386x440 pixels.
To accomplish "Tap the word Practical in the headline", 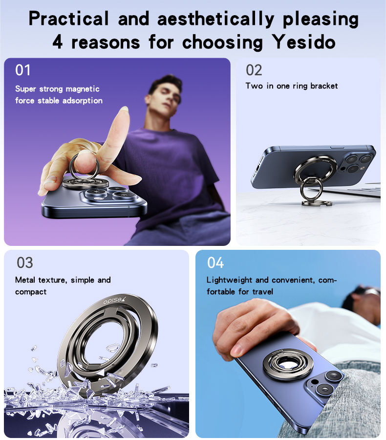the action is [x=69, y=19].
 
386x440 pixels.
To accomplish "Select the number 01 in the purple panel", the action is [x=23, y=70].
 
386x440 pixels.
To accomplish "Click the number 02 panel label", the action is [x=254, y=70].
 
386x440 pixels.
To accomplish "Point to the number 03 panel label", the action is [x=25, y=263].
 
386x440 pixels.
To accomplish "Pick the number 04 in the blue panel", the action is [x=215, y=263].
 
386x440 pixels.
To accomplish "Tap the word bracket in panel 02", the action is [x=324, y=86].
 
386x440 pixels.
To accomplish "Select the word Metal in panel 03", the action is [x=25, y=280].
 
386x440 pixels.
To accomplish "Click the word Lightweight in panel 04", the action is [x=230, y=280].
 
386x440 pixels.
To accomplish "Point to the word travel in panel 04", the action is [x=262, y=291].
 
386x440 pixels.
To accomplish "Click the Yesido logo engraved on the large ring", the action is [x=115, y=301].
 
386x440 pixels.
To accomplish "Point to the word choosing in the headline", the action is [x=223, y=43].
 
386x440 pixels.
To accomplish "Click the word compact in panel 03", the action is [x=31, y=292].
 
